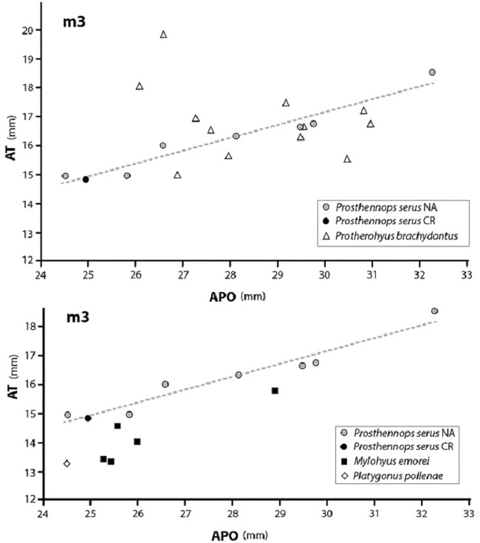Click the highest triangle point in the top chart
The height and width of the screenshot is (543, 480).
tap(163, 34)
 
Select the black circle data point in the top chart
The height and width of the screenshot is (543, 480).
tap(86, 180)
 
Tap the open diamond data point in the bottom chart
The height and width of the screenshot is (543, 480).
tap(67, 463)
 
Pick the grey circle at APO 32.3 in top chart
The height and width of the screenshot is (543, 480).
tap(432, 72)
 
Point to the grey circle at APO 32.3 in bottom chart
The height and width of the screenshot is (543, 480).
tap(434, 311)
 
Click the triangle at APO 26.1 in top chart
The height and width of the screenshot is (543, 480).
tap(139, 86)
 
